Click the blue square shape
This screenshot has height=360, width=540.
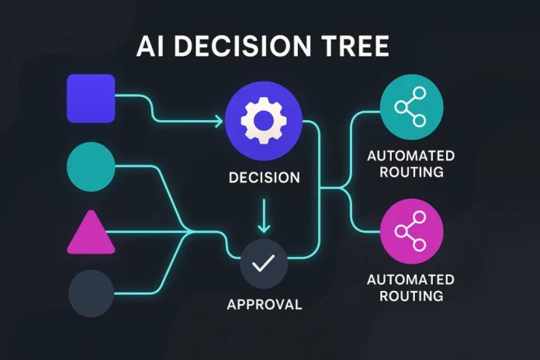pyautogui.click(x=91, y=98)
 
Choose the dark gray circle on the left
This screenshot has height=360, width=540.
pyautogui.click(x=91, y=292)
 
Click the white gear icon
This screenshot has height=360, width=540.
pyautogui.click(x=264, y=121)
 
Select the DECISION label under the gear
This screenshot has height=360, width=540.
pyautogui.click(x=264, y=178)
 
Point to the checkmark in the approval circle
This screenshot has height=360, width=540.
pyautogui.click(x=264, y=264)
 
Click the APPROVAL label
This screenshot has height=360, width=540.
pyautogui.click(x=264, y=304)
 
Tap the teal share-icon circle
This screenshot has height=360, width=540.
pyautogui.click(x=411, y=106)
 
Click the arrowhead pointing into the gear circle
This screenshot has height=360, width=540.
pyautogui.click(x=219, y=121)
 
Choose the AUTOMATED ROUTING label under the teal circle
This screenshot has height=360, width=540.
pyautogui.click(x=411, y=164)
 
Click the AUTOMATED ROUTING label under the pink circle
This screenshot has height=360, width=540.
pyautogui.click(x=411, y=287)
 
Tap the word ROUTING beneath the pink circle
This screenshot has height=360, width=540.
pyautogui.click(x=411, y=296)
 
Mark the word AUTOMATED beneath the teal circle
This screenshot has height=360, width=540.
pyautogui.click(x=411, y=156)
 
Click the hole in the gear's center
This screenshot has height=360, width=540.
pyautogui.click(x=264, y=121)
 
